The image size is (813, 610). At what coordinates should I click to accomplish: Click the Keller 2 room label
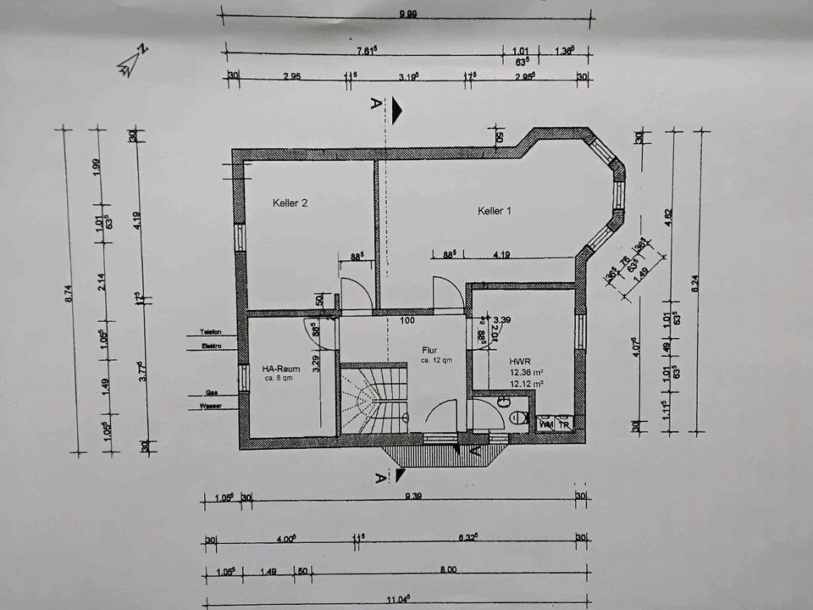290,203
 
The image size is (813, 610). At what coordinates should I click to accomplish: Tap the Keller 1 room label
495,211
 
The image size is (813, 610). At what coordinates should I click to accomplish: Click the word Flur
430,350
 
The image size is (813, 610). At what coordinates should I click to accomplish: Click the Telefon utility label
211,331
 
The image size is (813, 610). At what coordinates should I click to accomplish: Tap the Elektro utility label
211,346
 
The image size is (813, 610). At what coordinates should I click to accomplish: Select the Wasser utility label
211,407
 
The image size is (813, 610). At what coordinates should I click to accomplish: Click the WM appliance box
546,422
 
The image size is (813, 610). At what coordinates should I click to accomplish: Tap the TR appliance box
564,422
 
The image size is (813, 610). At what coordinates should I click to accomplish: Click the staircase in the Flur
373,400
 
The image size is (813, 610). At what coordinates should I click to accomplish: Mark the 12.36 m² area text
526,372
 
